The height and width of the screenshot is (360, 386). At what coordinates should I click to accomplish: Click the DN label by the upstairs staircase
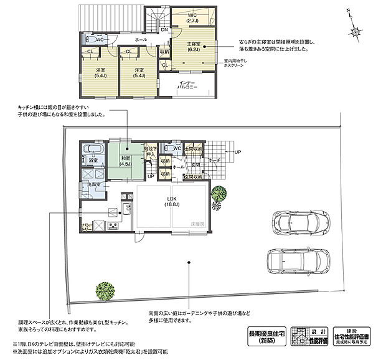[164, 29]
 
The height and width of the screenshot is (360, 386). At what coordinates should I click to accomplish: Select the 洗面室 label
[93, 186]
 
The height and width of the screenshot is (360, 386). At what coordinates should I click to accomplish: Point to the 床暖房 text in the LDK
[198, 222]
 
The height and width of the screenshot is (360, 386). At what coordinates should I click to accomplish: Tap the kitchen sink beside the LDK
[125, 209]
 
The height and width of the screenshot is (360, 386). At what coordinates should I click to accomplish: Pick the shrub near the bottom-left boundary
[105, 290]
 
